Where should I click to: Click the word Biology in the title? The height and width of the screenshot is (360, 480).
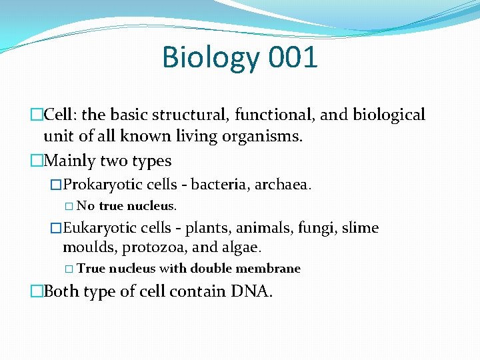210,58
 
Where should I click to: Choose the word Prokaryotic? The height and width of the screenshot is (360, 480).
99,183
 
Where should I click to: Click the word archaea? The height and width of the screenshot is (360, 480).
285,183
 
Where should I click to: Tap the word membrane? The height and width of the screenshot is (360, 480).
271,269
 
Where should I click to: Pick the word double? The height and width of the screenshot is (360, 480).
213,269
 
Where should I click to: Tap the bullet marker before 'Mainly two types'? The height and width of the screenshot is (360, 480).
37,161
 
